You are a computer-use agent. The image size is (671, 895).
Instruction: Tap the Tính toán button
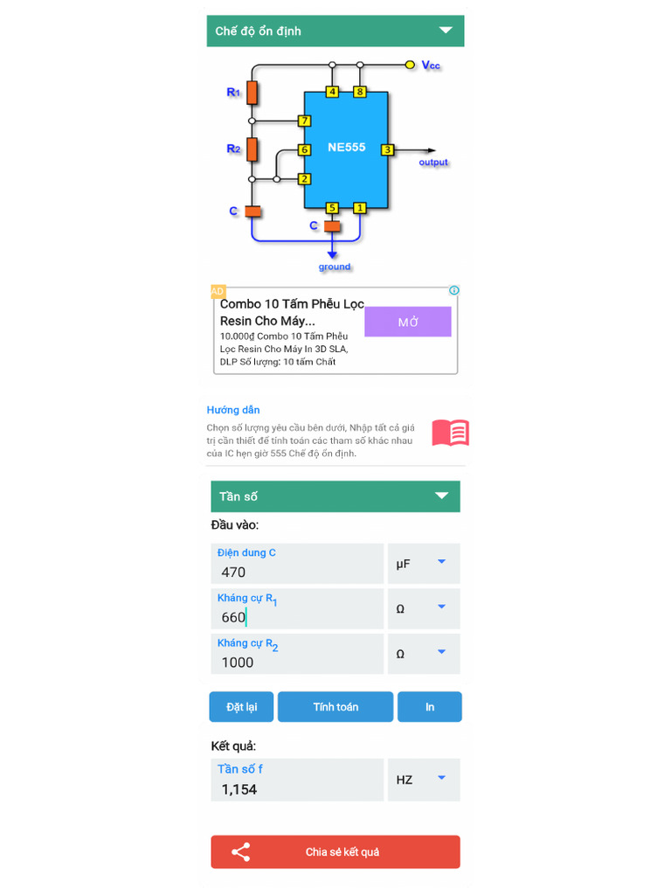point(335,707)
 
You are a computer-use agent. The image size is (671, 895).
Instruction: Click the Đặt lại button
point(241,707)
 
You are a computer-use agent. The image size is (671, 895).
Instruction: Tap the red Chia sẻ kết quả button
point(335,852)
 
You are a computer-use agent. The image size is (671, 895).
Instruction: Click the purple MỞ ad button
point(408,322)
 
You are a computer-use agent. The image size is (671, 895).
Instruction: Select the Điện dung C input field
point(297,564)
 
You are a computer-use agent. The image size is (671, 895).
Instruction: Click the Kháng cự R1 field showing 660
point(297,609)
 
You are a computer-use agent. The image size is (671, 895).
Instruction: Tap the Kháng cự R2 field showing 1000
point(297,655)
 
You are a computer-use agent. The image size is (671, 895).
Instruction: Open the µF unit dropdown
point(424,564)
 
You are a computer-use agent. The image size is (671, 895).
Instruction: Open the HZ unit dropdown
point(424,780)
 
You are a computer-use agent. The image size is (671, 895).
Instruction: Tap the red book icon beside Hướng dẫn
point(451,433)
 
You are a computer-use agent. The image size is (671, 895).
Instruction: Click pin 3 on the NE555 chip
point(387,149)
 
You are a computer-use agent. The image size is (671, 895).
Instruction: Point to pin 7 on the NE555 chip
point(304,121)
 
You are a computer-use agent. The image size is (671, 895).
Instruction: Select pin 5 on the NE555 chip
point(332,208)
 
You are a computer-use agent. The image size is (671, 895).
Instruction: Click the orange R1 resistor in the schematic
point(252,92)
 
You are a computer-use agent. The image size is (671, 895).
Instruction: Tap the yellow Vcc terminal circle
point(410,65)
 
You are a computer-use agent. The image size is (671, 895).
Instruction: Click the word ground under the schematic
point(334,267)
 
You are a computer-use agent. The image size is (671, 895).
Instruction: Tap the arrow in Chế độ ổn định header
point(446,31)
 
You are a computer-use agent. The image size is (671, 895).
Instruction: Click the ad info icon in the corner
point(453,290)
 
